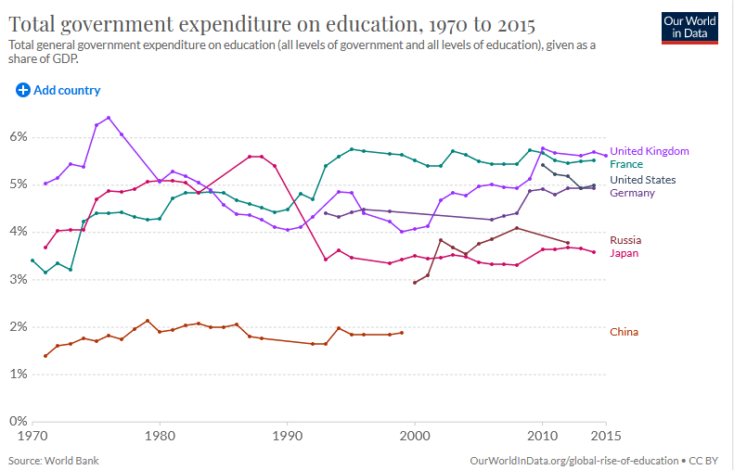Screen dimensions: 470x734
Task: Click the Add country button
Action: tap(58, 90)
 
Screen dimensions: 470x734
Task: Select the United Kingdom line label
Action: tap(649, 151)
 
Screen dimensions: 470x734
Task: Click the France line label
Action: tap(625, 164)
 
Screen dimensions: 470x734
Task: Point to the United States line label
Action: tap(642, 180)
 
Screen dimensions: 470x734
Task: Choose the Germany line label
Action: tap(632, 193)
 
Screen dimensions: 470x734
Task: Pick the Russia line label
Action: tap(625, 240)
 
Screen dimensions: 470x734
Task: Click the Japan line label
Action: tap(624, 253)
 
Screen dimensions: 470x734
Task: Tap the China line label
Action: tap(624, 332)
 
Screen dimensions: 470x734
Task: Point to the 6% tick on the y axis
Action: tap(19, 137)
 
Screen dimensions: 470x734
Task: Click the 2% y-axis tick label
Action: tap(19, 327)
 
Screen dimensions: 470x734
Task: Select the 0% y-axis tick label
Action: tap(19, 422)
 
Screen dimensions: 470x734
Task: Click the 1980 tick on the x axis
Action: tap(161, 434)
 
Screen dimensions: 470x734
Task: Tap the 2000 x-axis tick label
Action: tap(415, 434)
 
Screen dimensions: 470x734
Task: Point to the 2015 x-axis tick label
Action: tap(605, 434)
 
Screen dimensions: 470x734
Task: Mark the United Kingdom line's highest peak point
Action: tap(109, 118)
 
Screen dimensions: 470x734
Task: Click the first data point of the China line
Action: tap(45, 356)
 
